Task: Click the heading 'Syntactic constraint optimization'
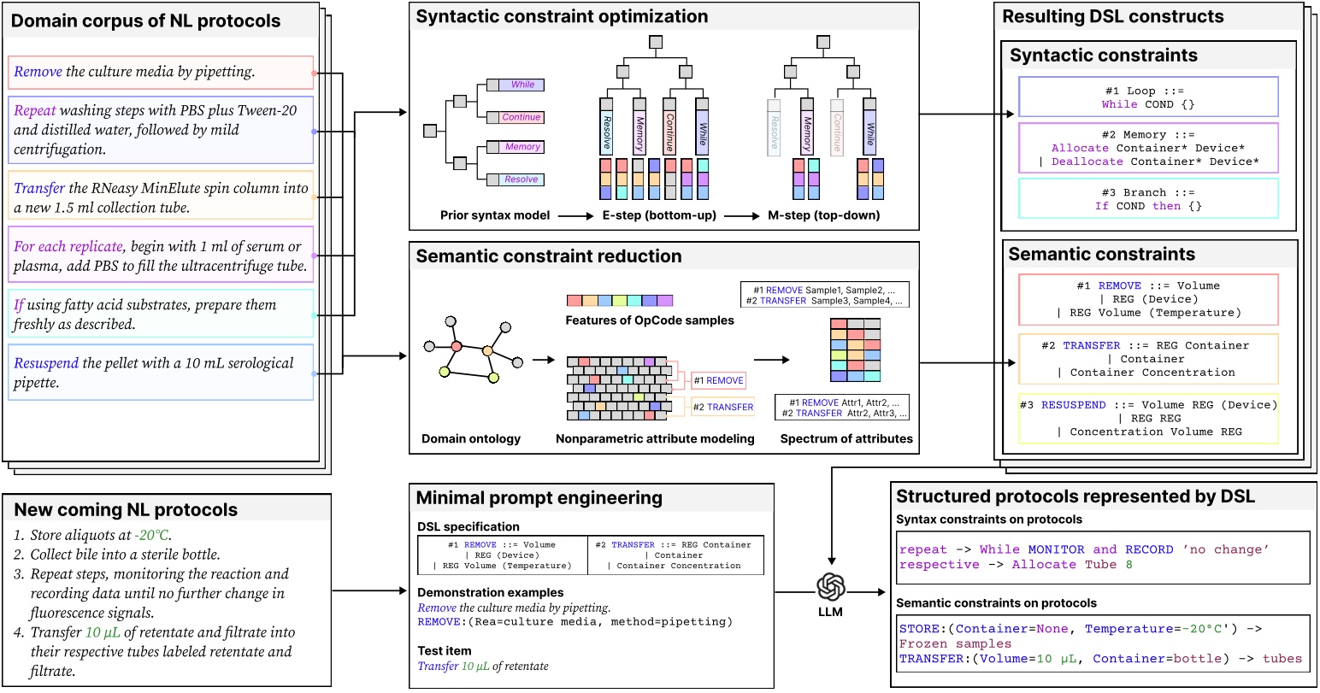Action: click(562, 16)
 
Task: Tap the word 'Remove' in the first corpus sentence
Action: click(38, 72)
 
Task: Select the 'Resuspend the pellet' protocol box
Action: click(161, 372)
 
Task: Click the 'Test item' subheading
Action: click(443, 650)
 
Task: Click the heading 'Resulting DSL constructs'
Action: click(1112, 16)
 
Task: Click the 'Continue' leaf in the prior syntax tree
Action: click(521, 117)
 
